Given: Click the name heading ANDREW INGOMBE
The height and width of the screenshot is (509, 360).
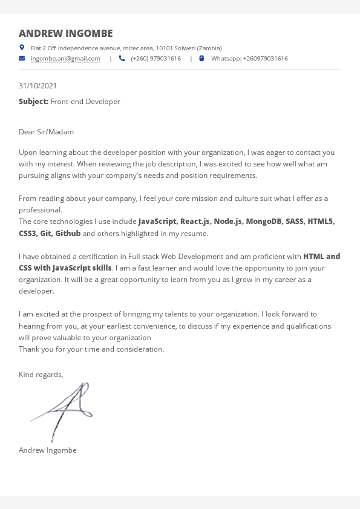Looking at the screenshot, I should point(65,33).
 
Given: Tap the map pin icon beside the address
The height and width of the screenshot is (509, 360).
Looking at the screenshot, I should point(22,47).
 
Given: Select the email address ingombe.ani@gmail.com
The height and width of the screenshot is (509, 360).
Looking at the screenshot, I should point(65,59).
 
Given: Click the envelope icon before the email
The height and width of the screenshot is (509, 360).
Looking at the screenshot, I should point(22,59).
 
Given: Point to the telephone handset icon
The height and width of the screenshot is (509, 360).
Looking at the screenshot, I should point(122,59).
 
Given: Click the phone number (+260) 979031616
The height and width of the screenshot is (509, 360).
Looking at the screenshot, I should point(155,59).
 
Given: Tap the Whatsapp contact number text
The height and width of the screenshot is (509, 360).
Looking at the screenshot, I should point(249,59).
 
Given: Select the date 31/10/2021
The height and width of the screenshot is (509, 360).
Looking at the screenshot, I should point(38,86).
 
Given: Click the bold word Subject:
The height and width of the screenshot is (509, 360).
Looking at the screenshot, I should point(33,102).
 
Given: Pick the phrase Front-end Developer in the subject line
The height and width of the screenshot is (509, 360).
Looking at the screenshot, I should point(85,102).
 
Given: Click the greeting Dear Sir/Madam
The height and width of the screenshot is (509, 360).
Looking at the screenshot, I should point(46,132).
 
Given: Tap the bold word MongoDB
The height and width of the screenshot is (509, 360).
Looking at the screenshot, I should point(263,222).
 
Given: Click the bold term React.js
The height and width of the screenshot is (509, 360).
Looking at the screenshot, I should point(195,222).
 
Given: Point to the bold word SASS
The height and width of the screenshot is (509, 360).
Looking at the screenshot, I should point(294,222).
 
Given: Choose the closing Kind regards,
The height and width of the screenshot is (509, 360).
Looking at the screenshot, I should point(41,375).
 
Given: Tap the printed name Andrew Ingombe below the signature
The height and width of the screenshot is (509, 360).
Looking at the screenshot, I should point(48,450).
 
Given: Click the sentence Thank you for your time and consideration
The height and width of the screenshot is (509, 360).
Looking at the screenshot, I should point(91,349).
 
